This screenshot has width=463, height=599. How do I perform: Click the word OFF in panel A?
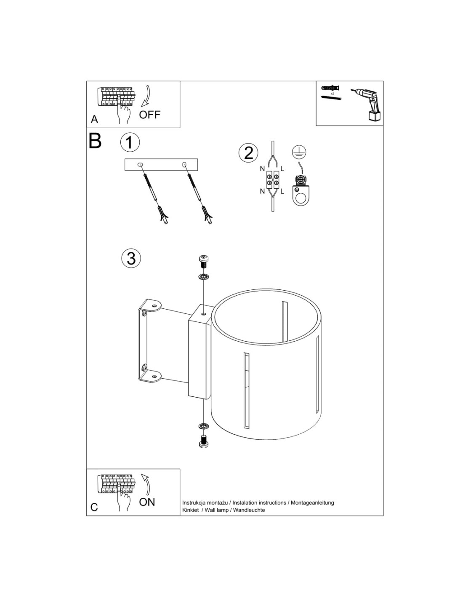tap(149, 115)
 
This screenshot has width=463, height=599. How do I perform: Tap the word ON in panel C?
tap(147, 502)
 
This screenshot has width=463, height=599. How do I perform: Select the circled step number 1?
tap(130, 143)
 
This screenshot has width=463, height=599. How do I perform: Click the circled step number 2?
tap(248, 153)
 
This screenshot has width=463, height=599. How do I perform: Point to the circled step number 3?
tap(131, 259)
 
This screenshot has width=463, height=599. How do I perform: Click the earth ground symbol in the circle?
tap(299, 152)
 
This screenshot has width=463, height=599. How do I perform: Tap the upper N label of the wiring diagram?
tap(262, 169)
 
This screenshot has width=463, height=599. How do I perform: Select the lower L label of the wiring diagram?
tap(282, 191)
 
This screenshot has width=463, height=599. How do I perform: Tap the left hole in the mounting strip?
tap(141, 165)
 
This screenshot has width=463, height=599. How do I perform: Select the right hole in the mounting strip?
tap(184, 165)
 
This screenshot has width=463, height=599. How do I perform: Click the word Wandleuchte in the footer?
tap(249, 510)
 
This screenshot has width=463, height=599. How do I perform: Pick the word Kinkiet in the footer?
tap(191, 510)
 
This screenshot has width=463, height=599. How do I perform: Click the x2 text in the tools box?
tap(333, 94)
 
